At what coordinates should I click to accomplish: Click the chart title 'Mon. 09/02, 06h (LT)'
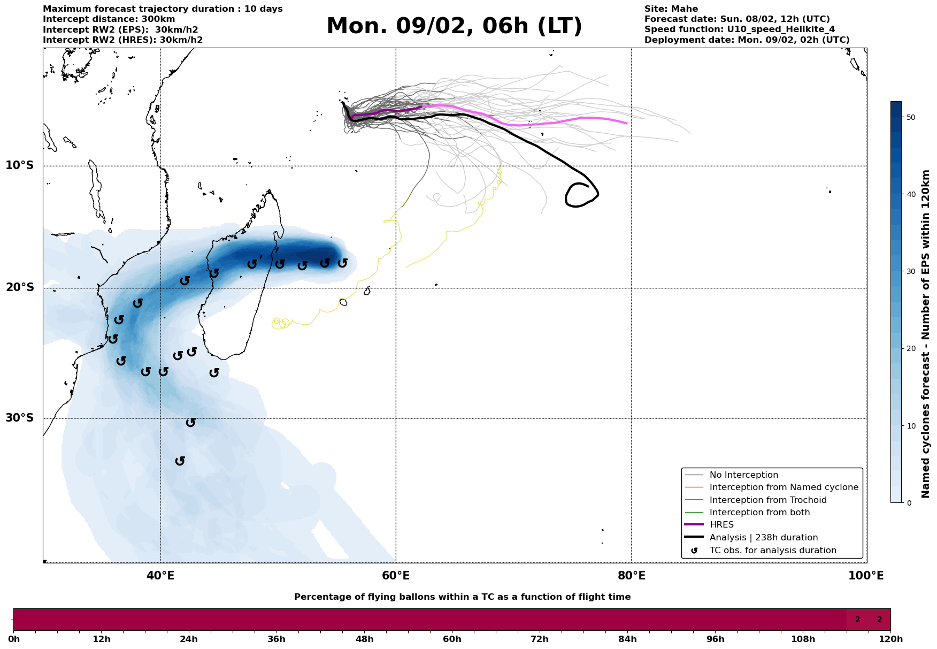(x=454, y=26)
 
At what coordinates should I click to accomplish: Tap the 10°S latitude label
(x=20, y=165)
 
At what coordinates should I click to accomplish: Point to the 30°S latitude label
(x=20, y=418)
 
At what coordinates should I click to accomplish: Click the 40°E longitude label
(x=160, y=576)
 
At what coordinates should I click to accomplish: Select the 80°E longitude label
(x=631, y=576)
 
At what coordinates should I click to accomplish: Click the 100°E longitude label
(x=866, y=576)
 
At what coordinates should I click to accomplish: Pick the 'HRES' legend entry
(x=721, y=525)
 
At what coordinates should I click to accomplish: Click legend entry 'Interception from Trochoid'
(x=767, y=500)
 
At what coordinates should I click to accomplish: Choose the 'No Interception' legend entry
(x=743, y=475)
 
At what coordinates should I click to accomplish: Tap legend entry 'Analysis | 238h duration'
(x=763, y=538)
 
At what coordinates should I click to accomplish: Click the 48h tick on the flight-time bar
(x=364, y=639)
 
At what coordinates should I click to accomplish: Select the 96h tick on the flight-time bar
(x=715, y=639)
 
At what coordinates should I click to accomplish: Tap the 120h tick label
(x=890, y=639)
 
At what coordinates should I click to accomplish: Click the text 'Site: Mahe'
(x=671, y=9)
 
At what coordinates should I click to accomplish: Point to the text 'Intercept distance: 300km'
(x=109, y=19)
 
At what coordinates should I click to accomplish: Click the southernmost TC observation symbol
(x=180, y=461)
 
